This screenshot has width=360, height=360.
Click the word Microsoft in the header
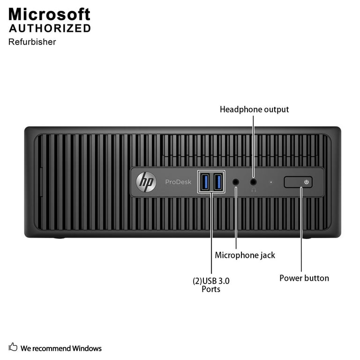[x=49, y=14]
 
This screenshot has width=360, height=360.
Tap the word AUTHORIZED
[x=50, y=29]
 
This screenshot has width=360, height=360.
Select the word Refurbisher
[x=32, y=42]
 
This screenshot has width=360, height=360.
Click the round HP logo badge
[x=146, y=182]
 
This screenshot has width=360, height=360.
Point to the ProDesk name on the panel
[x=178, y=182]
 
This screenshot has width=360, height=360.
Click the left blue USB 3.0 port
[x=205, y=182]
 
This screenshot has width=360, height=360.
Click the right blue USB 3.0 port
[x=218, y=182]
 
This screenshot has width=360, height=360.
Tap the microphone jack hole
[x=236, y=182]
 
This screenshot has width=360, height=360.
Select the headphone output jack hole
[x=253, y=182]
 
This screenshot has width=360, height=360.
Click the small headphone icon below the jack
[x=254, y=190]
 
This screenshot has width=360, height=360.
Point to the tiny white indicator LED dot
[x=271, y=182]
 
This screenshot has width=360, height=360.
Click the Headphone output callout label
[x=254, y=110]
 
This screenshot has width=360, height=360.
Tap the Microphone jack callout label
[x=245, y=255]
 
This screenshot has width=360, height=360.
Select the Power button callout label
[x=304, y=278]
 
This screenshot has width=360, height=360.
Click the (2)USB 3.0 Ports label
[x=211, y=285]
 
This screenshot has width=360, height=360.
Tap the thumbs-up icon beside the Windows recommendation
[x=13, y=347]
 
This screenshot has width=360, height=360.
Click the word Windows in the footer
[x=87, y=348]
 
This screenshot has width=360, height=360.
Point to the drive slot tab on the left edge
[x=41, y=182]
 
